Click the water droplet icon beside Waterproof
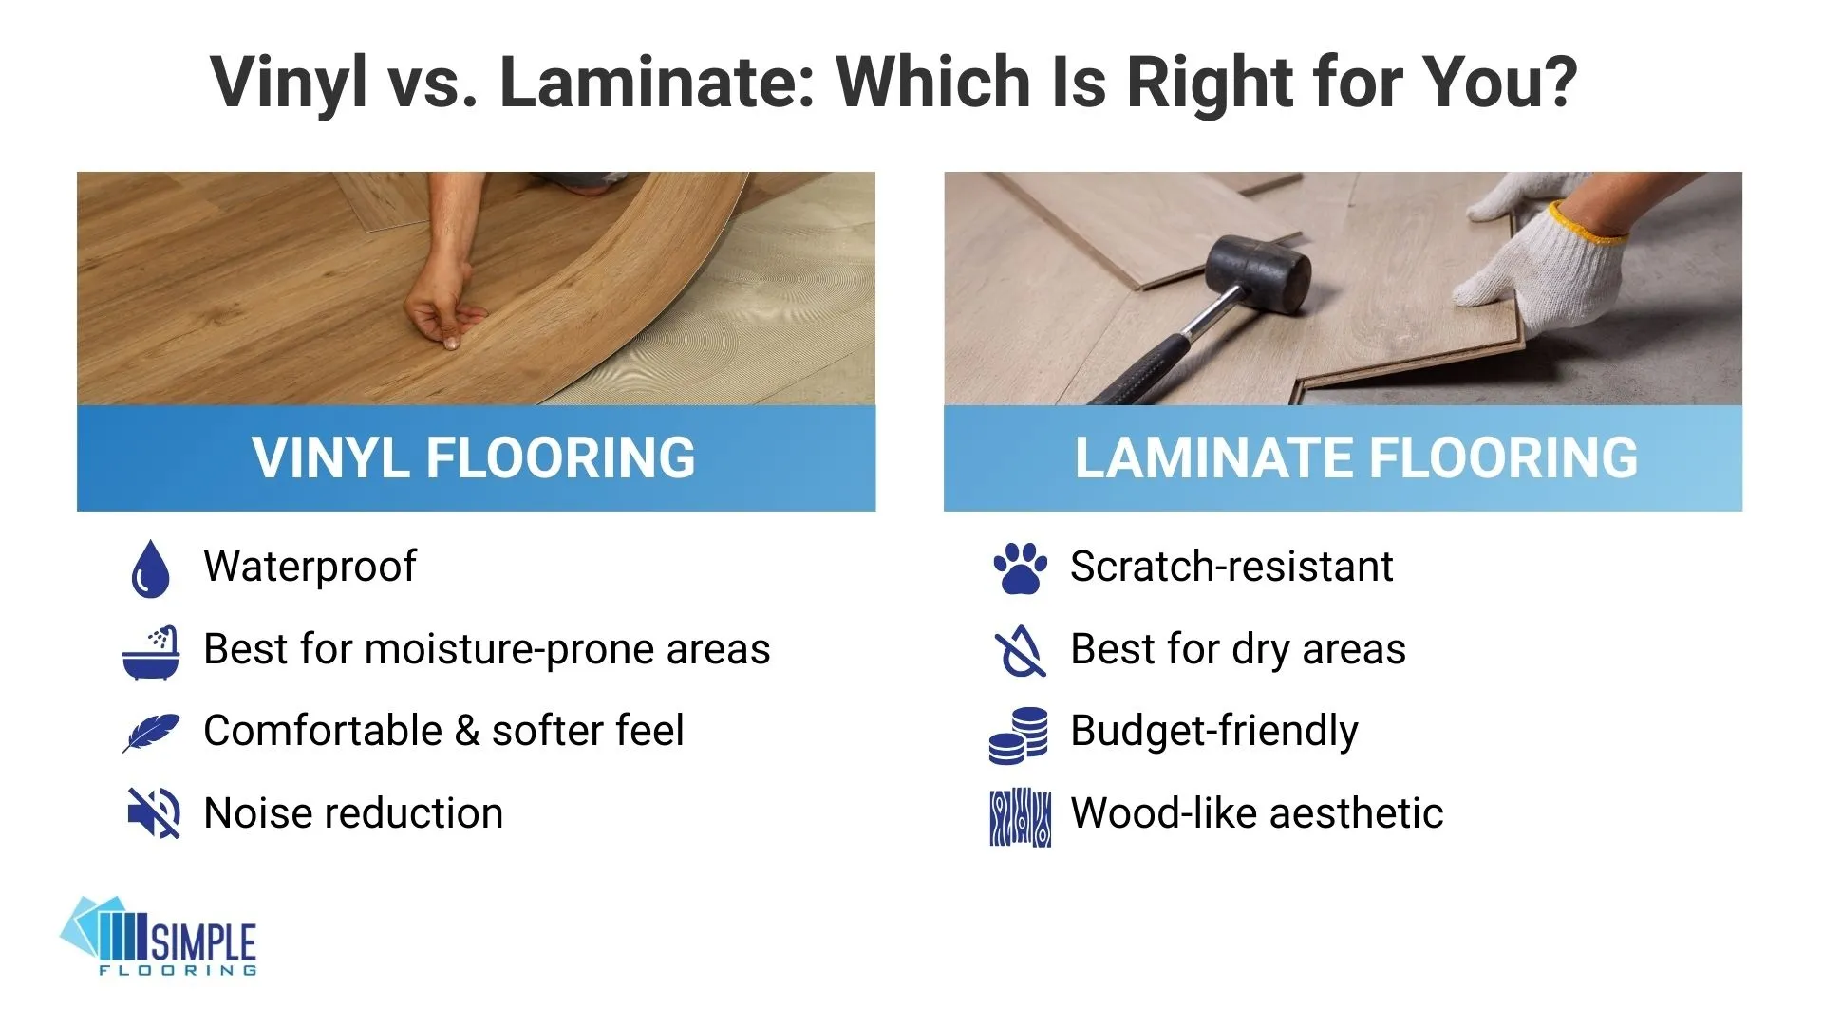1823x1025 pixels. (150, 568)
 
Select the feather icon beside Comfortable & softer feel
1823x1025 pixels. (150, 733)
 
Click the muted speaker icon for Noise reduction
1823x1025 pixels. (153, 813)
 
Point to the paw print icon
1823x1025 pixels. (1020, 568)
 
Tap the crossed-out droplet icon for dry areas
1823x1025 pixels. (1019, 652)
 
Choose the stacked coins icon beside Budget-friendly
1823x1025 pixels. (1019, 735)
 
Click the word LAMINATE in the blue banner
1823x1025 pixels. (1214, 458)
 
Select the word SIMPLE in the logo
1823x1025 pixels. (203, 941)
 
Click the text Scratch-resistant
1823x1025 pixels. (1231, 567)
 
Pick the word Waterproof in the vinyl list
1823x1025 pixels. (310, 567)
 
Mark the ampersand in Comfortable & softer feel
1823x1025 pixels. (466, 732)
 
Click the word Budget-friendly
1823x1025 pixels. (1213, 732)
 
